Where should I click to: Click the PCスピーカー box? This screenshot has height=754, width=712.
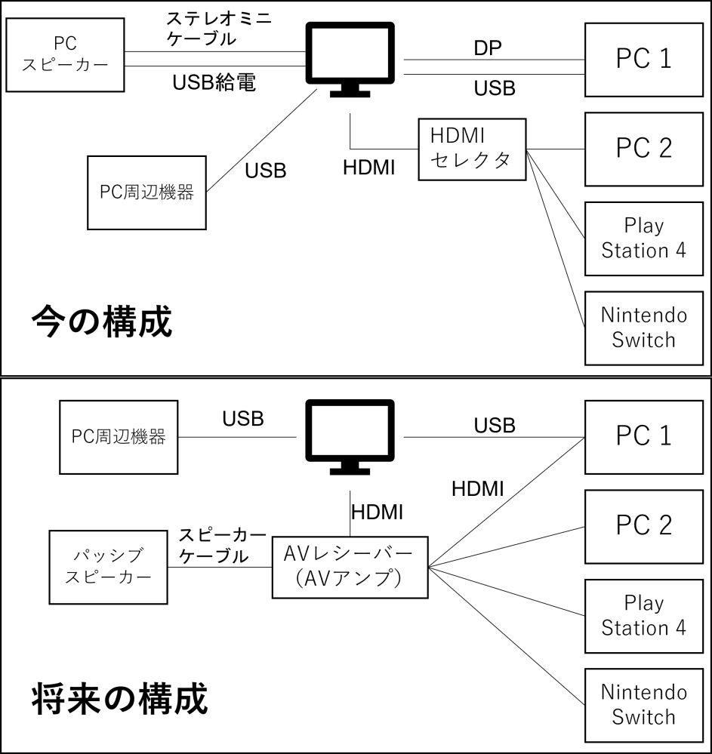point(65,55)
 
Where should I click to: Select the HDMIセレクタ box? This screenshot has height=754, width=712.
point(472,148)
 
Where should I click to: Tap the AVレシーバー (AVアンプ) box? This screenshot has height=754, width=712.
point(350,567)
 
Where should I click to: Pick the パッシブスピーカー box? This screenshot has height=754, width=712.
point(108,567)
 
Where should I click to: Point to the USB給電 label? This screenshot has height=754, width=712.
point(214,83)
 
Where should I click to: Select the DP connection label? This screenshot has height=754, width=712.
point(488,48)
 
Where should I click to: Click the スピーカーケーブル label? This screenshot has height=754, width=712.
point(221,546)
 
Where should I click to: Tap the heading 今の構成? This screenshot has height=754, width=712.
point(102,322)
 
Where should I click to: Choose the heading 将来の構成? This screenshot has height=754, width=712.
point(119,700)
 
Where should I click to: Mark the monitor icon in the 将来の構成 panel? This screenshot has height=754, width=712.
point(350,436)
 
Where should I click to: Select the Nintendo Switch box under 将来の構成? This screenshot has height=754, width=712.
point(644,704)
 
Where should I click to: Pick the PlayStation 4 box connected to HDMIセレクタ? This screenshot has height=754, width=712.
point(644,238)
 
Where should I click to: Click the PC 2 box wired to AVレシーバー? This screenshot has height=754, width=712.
point(644,525)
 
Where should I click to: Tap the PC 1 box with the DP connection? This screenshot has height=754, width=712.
point(644,59)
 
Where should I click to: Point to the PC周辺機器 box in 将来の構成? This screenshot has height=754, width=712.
point(119,436)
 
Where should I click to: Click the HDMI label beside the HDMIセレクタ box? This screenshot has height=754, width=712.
point(369,168)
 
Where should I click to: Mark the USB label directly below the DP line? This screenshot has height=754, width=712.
point(495,88)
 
